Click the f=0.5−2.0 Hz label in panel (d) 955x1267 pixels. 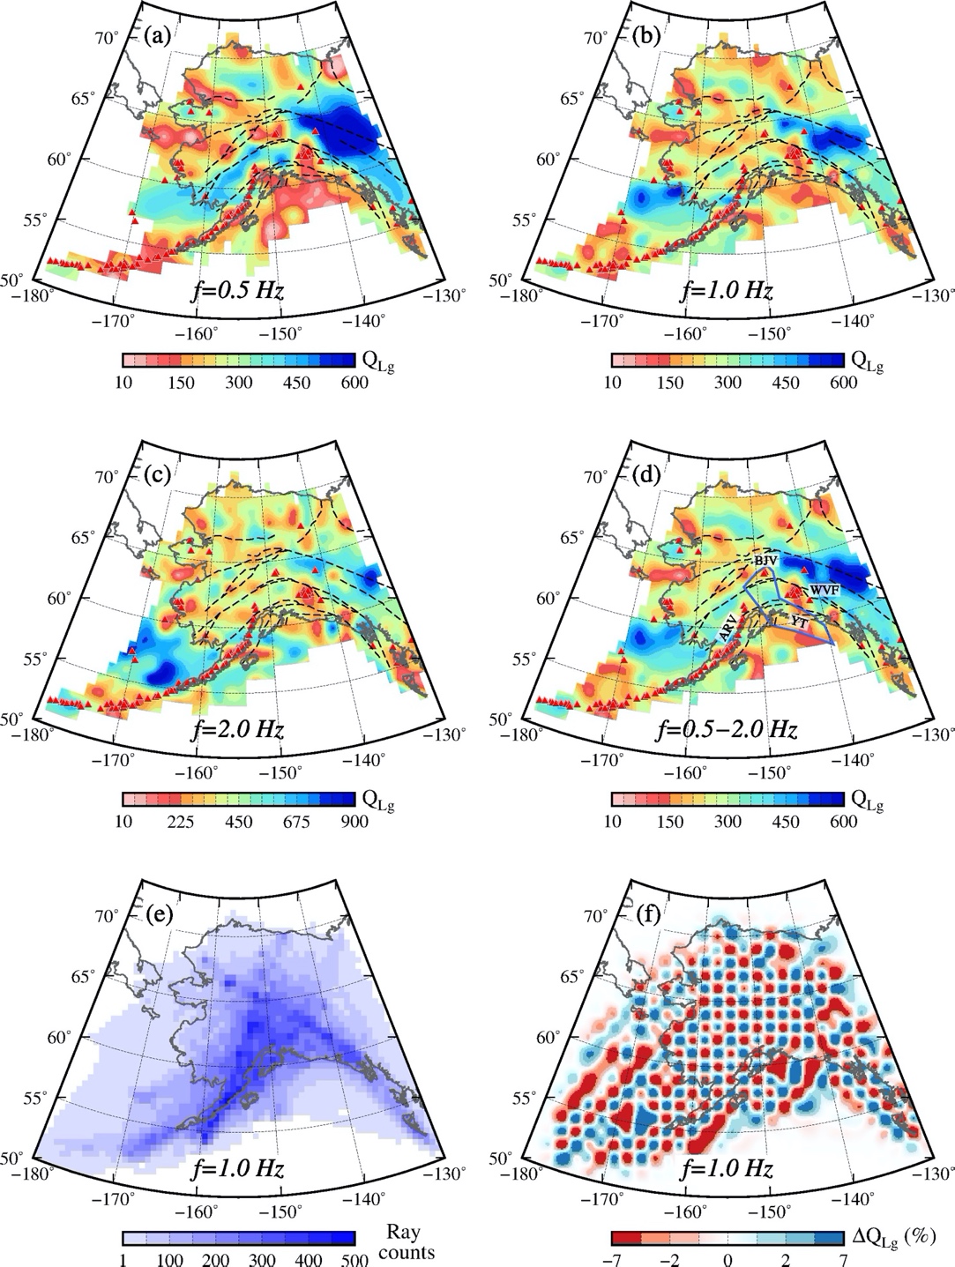click(x=727, y=729)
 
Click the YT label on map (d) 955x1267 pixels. click(x=798, y=622)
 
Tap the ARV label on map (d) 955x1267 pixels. click(x=727, y=628)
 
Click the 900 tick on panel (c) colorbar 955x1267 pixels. click(x=354, y=822)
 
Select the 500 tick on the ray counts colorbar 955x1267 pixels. click(x=354, y=1260)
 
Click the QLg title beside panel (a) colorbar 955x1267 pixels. click(x=378, y=360)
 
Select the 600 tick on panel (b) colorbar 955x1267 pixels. click(x=843, y=383)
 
